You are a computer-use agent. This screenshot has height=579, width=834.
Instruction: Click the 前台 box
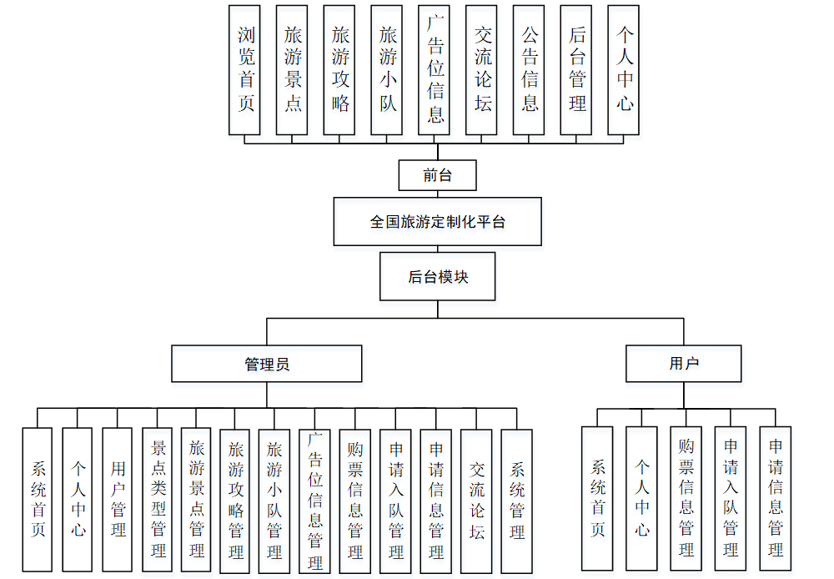437,175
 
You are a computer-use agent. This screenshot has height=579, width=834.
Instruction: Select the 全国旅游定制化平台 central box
437,222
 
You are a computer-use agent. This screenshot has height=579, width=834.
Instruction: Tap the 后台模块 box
437,277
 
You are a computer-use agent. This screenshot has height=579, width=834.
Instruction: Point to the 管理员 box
267,364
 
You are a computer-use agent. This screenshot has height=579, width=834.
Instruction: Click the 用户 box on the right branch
683,364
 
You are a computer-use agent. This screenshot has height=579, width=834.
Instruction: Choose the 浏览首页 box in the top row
245,70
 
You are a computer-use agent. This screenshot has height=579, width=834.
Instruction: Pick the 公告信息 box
529,70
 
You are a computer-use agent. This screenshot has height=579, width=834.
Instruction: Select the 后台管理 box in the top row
576,70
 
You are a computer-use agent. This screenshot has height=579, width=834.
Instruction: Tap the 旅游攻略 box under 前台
340,70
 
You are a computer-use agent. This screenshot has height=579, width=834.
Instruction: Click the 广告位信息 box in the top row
435,70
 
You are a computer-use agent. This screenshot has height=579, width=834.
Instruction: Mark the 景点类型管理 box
158,500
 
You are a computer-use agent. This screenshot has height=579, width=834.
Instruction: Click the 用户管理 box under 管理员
118,500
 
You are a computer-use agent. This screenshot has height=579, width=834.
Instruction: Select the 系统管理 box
516,500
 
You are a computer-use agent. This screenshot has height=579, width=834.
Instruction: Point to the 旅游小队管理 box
274,500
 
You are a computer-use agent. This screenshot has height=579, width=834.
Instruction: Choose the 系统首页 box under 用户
597,498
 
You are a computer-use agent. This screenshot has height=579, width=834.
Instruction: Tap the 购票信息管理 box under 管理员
354,500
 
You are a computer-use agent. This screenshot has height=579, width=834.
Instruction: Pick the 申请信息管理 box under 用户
775,498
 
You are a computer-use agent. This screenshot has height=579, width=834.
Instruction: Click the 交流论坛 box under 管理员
476,500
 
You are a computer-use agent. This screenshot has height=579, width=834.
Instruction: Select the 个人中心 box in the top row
624,70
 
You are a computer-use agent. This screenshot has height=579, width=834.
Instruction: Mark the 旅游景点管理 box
196,500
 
